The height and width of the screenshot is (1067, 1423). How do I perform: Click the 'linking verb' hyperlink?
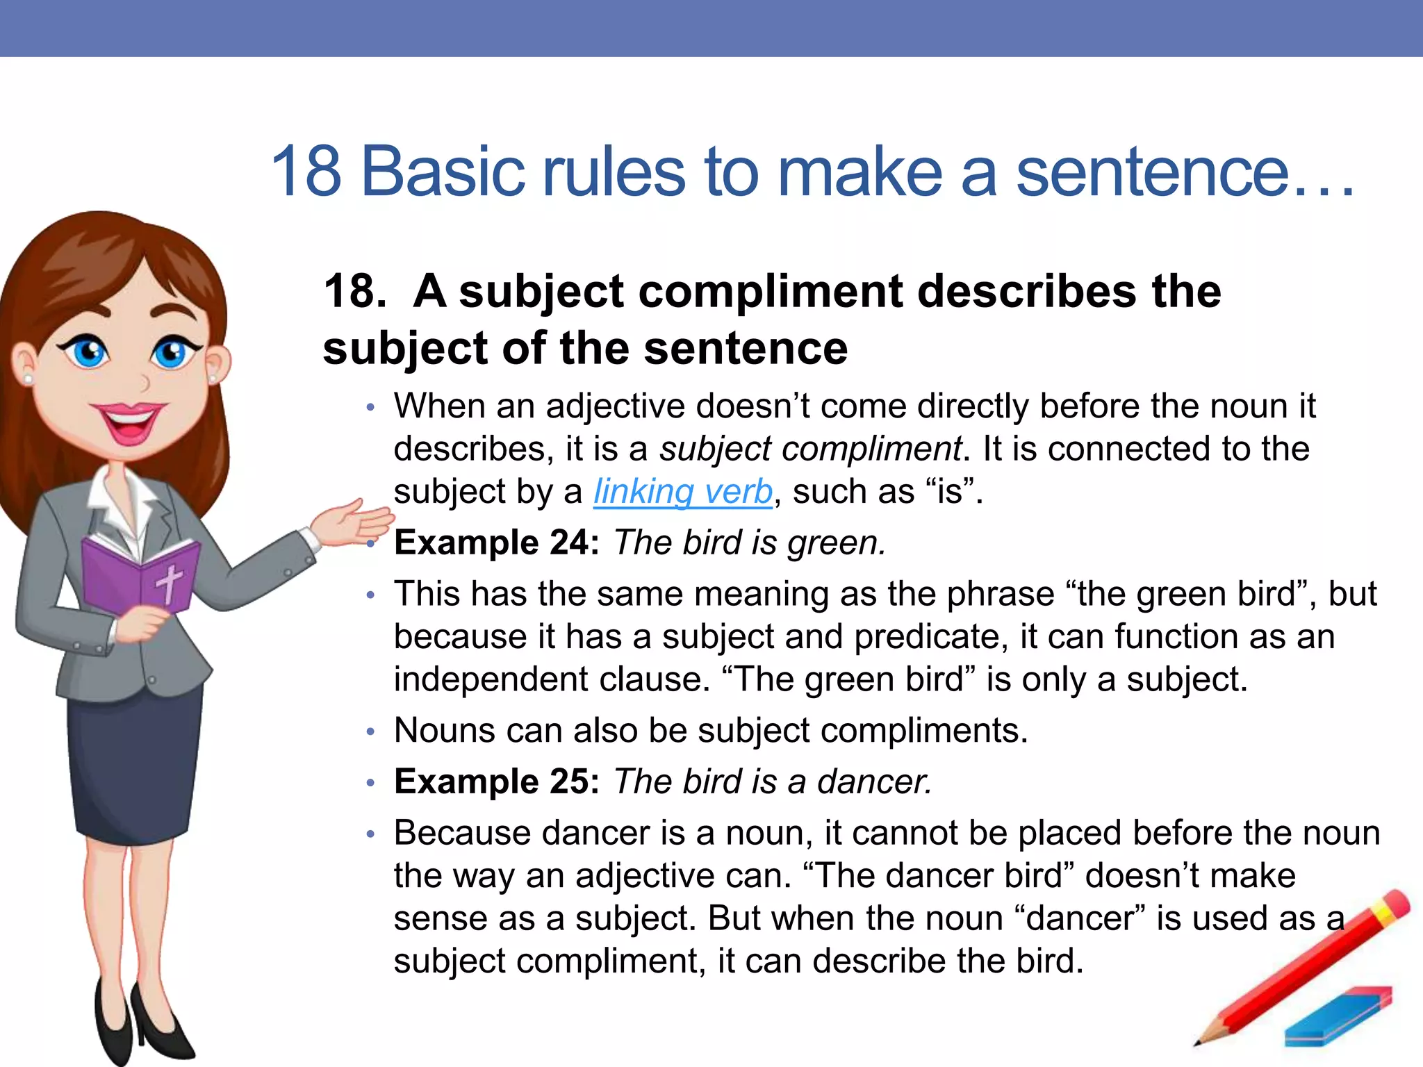(682, 492)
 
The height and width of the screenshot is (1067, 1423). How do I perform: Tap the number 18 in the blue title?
(306, 171)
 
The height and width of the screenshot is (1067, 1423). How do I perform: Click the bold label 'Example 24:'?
(496, 543)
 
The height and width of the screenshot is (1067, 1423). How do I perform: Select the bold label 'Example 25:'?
(496, 781)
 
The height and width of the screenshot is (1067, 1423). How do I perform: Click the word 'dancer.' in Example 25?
(874, 782)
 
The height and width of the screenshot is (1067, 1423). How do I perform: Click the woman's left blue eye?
(89, 351)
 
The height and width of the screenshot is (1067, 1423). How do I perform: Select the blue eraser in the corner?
(1338, 1018)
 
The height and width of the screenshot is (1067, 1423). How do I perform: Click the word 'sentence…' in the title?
(1181, 172)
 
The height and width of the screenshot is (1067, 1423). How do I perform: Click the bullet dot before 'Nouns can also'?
(371, 731)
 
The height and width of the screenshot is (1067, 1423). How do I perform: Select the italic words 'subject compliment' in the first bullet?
(810, 449)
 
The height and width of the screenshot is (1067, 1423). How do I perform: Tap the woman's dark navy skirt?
(135, 764)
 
